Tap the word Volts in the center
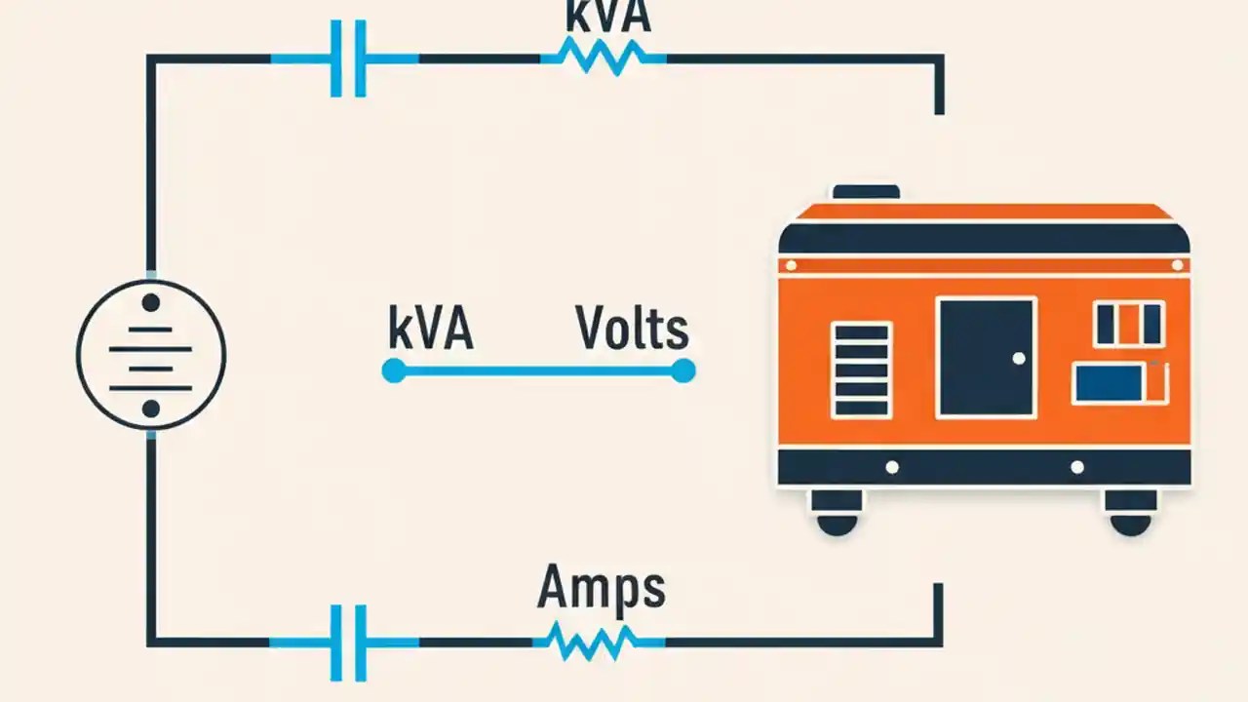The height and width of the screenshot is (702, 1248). click(x=632, y=329)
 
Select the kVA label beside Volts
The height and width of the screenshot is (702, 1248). click(x=430, y=329)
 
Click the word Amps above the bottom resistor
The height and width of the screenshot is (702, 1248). click(x=601, y=587)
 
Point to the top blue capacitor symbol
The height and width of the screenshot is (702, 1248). click(x=348, y=58)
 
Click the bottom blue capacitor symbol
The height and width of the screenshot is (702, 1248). click(x=348, y=642)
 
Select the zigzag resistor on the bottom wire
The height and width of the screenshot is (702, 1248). click(x=592, y=642)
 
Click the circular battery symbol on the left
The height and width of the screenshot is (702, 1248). click(x=151, y=355)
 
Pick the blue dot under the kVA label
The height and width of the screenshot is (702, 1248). click(x=393, y=370)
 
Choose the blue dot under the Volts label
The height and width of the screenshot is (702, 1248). click(x=683, y=370)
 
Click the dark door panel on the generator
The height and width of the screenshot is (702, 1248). click(x=986, y=358)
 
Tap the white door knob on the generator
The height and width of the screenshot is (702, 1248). click(x=1019, y=359)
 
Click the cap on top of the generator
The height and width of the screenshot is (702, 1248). click(x=865, y=192)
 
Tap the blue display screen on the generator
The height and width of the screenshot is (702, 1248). click(x=1108, y=383)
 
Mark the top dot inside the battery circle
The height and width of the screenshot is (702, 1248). click(x=150, y=303)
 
